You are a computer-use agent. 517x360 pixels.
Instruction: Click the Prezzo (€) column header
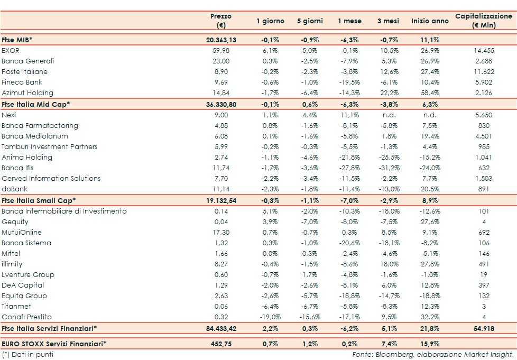220,21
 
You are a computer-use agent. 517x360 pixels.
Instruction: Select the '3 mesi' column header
388,21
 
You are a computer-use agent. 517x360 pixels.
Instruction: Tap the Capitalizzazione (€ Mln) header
483,21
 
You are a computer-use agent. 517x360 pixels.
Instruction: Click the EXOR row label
11,50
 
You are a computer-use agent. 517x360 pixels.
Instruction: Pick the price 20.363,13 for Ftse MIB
220,40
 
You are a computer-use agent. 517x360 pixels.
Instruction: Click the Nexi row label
8,115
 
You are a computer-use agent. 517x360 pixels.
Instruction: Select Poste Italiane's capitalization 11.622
483,71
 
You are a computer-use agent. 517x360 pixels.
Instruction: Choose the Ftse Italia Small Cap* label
39,200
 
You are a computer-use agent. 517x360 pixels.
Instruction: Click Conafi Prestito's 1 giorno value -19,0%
270,317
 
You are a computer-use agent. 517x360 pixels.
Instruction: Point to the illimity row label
12,264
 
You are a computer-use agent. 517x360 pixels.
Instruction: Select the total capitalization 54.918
483,328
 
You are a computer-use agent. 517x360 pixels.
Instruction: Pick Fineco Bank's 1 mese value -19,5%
349,82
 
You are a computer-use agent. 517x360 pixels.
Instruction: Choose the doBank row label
14,189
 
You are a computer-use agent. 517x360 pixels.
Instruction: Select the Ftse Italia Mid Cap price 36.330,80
220,104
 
